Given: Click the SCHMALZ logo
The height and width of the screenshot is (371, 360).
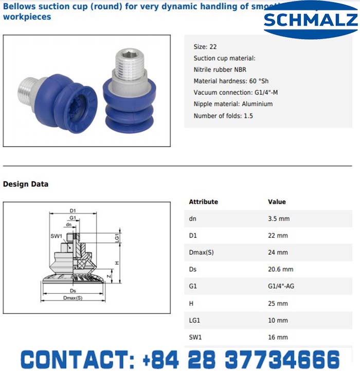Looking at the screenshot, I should pos(310,21).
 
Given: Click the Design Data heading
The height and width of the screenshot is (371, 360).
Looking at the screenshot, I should pos(26,184).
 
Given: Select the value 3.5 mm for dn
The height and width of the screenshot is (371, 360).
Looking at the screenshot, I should pos(279,219).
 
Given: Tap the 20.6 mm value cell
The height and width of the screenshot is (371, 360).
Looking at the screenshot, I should pos(280,269).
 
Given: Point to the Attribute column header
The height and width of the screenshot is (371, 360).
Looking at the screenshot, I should pos(203,202).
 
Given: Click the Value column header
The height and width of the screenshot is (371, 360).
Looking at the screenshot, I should pos(277,202).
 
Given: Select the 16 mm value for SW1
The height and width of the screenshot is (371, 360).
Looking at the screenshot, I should pos(278,337).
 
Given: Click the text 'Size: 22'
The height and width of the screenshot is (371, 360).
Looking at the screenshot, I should pos(205,47).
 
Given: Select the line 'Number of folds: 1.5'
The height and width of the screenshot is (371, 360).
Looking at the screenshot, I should pos(223,116).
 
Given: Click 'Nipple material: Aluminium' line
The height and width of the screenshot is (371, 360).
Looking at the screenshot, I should pos(233,104).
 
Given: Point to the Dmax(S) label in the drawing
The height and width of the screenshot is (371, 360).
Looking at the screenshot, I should pos(72,298).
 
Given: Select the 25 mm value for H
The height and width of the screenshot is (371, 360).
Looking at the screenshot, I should pos(278,303).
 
